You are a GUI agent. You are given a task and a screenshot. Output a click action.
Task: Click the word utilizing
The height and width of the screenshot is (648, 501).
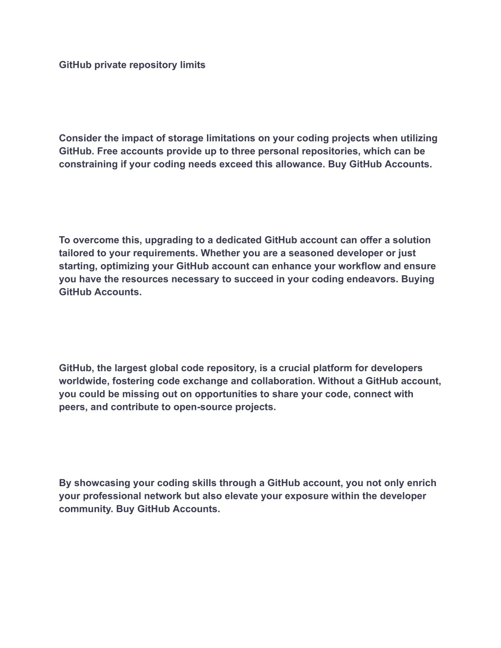(x=419, y=138)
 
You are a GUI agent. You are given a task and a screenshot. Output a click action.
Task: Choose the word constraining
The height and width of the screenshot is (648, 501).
(x=88, y=164)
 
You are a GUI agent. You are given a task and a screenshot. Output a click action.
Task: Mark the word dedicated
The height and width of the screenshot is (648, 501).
(x=238, y=240)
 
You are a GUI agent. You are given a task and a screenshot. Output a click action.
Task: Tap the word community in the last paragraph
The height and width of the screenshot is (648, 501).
(x=85, y=509)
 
